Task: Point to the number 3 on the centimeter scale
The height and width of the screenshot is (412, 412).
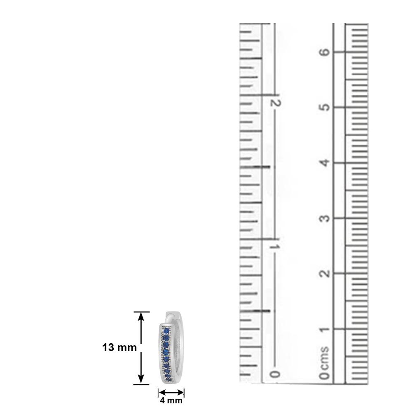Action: (325, 218)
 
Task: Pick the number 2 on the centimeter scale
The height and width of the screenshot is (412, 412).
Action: (325, 274)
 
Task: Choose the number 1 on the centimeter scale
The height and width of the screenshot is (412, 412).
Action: (325, 329)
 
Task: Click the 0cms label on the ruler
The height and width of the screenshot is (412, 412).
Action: (325, 363)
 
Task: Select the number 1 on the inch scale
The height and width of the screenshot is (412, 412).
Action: (275, 247)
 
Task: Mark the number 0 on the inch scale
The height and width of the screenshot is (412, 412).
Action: (275, 374)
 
